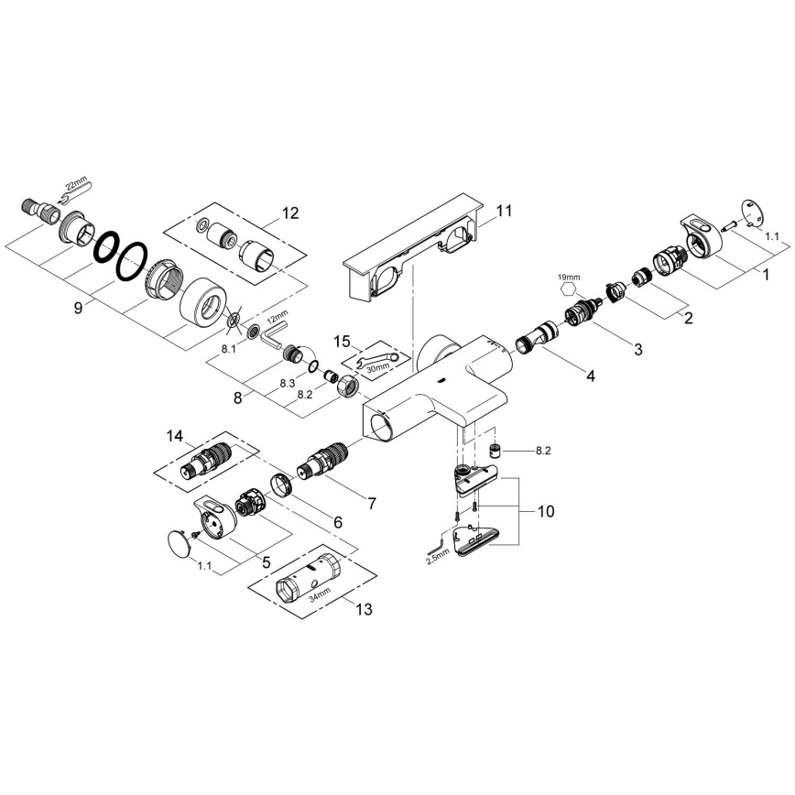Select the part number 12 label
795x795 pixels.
point(290,213)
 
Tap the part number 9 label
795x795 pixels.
point(79,309)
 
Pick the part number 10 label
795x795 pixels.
point(546,511)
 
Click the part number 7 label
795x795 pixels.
point(372,503)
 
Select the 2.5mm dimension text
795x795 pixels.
point(438,555)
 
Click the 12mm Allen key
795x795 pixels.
point(273,337)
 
